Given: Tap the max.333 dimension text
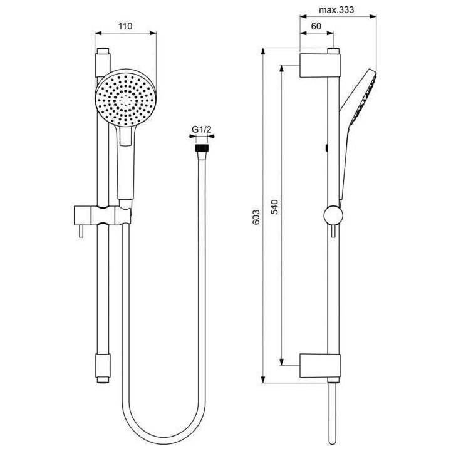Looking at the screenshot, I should coord(337,11).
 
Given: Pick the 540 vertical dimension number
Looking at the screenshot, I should coord(274,207).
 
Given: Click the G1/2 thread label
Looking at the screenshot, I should coord(201,130).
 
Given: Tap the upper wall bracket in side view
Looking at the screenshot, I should coord(321,65).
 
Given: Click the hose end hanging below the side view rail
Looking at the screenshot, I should coord(331,413).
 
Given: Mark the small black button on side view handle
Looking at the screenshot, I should coord(328,148).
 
